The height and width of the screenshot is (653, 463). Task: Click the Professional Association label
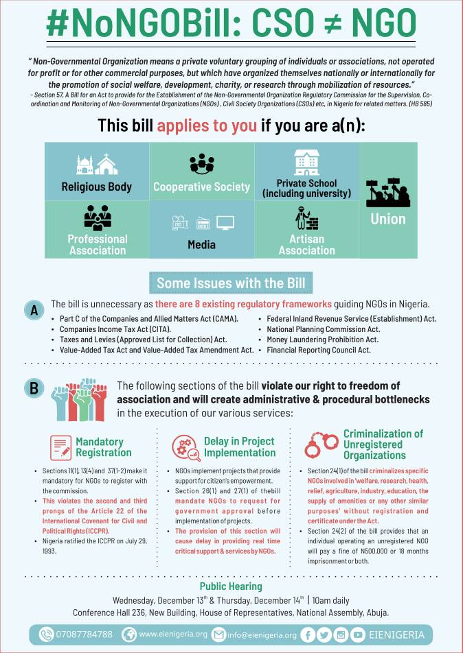click(97, 244)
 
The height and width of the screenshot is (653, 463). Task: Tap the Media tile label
click(202, 245)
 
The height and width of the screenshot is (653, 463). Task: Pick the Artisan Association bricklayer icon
click(306, 219)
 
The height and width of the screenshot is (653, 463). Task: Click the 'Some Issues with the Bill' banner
click(231, 283)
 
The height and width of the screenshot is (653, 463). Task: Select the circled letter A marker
click(32, 311)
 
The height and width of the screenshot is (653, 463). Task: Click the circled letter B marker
click(32, 388)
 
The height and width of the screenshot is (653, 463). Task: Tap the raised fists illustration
click(81, 397)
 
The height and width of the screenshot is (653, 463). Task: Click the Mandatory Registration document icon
click(60, 447)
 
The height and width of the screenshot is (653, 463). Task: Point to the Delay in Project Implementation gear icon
click(185, 447)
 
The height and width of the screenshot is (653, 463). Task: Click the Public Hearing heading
click(231, 586)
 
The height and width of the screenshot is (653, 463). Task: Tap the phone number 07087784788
click(85, 634)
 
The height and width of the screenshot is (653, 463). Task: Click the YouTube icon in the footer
click(357, 634)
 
